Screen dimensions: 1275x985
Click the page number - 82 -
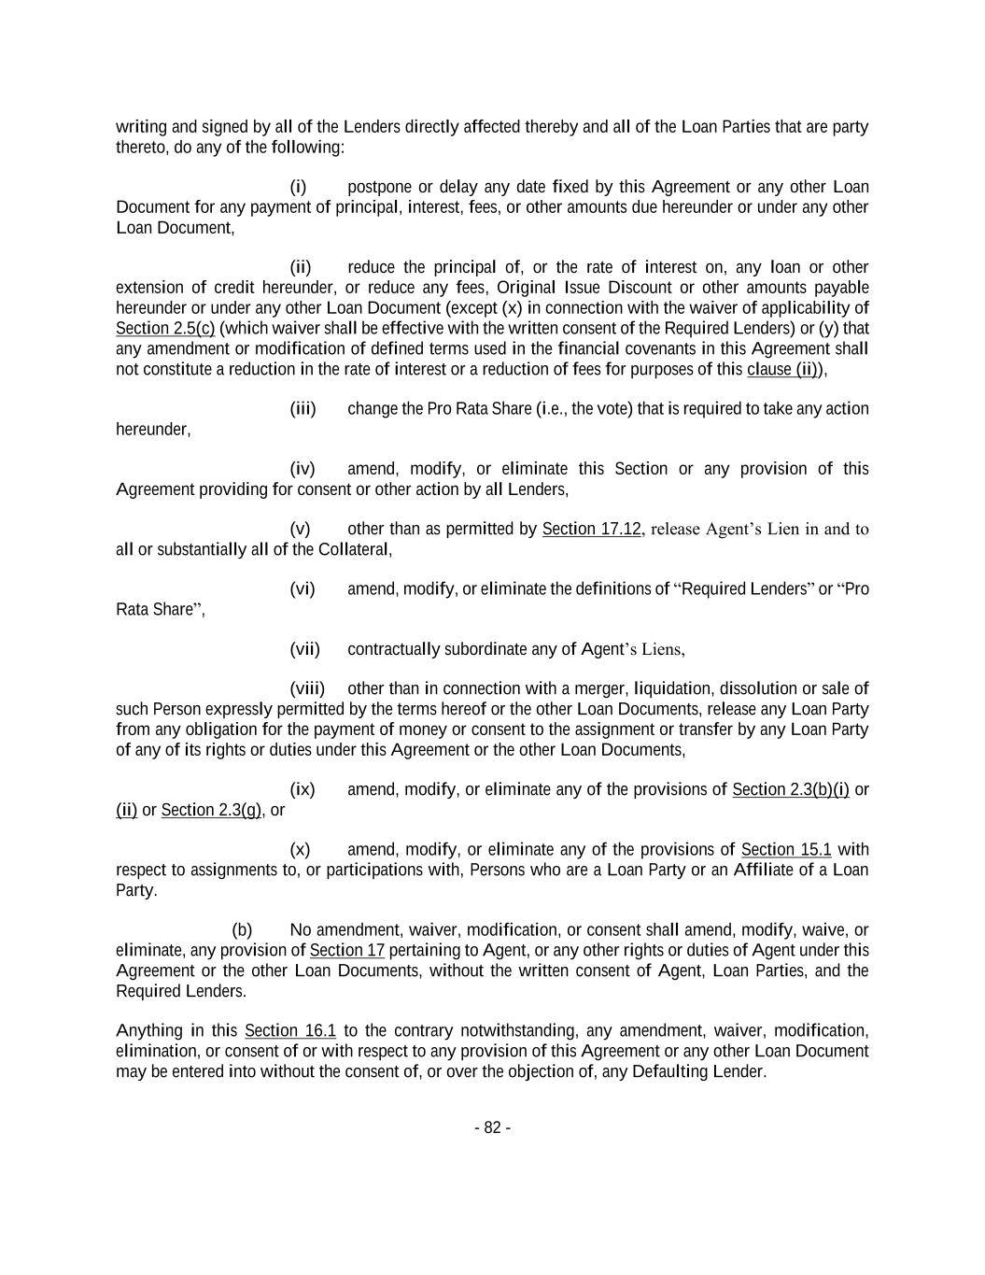tap(492, 1127)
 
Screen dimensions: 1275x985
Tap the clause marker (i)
tap(298, 187)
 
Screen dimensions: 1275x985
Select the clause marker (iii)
tap(303, 409)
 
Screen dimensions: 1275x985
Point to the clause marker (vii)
tap(304, 649)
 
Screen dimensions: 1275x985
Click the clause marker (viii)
tap(307, 689)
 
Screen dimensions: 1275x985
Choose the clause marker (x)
tap(300, 850)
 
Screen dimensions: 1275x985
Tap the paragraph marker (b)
tap(242, 930)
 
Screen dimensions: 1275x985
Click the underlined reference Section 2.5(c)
tap(165, 329)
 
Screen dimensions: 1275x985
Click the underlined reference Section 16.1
tap(290, 1031)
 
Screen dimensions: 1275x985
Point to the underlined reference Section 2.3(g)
tap(211, 811)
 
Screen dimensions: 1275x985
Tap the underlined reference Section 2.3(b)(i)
tap(791, 790)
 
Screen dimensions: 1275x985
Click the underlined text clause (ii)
tap(783, 369)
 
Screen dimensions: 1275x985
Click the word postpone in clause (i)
tap(378, 187)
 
